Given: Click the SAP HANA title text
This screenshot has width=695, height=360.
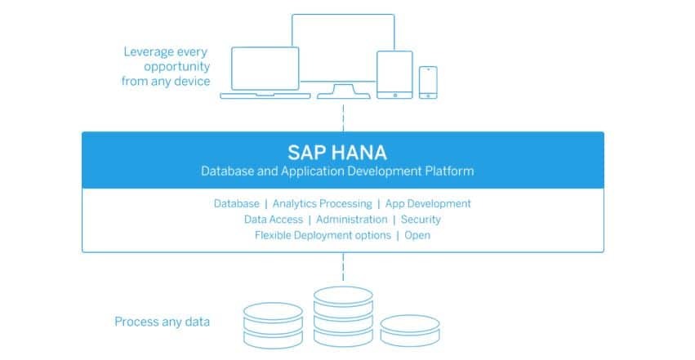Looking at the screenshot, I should tap(336, 152).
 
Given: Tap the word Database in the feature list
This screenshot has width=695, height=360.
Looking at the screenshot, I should tap(236, 203).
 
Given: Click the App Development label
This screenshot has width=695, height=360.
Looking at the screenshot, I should tap(428, 203).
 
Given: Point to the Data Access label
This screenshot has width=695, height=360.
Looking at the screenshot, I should tap(273, 220).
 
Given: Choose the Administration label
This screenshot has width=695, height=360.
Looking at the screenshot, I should tap(351, 220).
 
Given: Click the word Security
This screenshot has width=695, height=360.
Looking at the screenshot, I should tap(421, 220).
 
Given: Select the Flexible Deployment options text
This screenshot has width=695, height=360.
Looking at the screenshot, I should tap(323, 235).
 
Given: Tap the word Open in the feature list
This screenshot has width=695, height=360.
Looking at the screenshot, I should tap(417, 235).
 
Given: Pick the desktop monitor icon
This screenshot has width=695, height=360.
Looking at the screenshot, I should tap(343, 49).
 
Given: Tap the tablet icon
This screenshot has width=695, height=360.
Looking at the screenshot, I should tap(395, 75).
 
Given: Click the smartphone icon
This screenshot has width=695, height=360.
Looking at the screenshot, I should tap(428, 82).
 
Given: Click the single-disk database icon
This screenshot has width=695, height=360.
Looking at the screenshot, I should tap(410, 331).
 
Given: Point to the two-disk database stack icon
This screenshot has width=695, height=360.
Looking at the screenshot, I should tap(275, 325).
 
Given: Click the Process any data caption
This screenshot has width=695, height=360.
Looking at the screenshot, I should tap(162, 322).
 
